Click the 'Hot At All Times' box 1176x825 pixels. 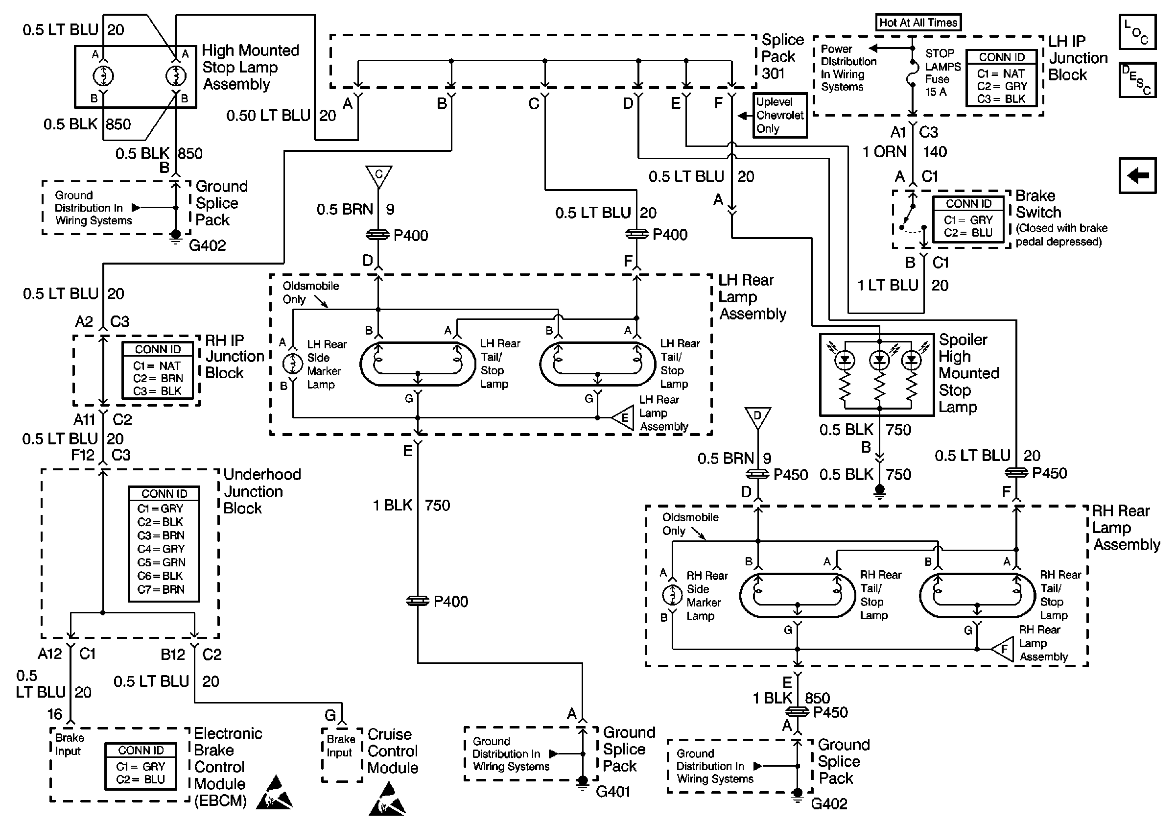918,23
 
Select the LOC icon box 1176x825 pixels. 1137,32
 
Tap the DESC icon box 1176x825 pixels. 1137,80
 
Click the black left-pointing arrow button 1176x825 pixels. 1137,176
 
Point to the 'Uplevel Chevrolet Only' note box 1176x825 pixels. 779,115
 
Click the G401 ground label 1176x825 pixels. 612,792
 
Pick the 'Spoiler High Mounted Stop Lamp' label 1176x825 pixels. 967,373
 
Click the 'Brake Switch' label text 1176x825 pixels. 1038,204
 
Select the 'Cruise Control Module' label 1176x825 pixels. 392,751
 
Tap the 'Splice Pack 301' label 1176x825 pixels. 781,56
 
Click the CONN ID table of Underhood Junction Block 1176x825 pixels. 164,543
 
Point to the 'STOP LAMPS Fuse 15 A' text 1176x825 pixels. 941,73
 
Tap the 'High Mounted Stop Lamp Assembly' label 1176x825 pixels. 250,67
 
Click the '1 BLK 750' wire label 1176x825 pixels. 411,505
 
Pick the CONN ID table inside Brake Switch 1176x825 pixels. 968,219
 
